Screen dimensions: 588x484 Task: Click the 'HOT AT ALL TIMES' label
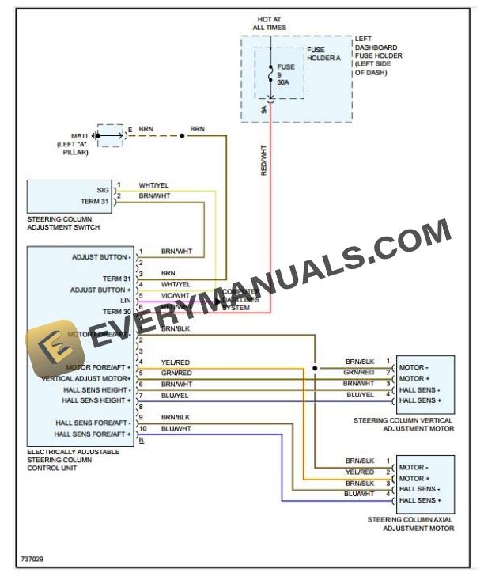(270, 23)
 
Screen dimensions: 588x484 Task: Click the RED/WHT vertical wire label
(264, 158)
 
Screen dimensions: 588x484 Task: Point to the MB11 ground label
(78, 140)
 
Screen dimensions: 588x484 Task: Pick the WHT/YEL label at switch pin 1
(153, 185)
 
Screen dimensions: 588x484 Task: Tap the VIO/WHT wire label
(175, 296)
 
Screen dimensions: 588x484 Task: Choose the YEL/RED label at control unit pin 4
(175, 362)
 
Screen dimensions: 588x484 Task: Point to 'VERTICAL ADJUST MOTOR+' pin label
(86, 378)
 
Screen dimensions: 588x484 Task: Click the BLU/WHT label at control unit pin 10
(176, 428)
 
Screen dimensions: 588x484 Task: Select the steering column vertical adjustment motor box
(425, 385)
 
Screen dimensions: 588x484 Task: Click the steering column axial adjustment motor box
(425, 484)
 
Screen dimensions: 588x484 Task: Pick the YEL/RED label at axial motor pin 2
(358, 472)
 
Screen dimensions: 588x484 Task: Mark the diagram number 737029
(32, 560)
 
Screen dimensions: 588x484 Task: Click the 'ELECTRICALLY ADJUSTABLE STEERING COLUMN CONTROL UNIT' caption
(73, 459)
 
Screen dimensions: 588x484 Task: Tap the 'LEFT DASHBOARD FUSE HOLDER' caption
(378, 55)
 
